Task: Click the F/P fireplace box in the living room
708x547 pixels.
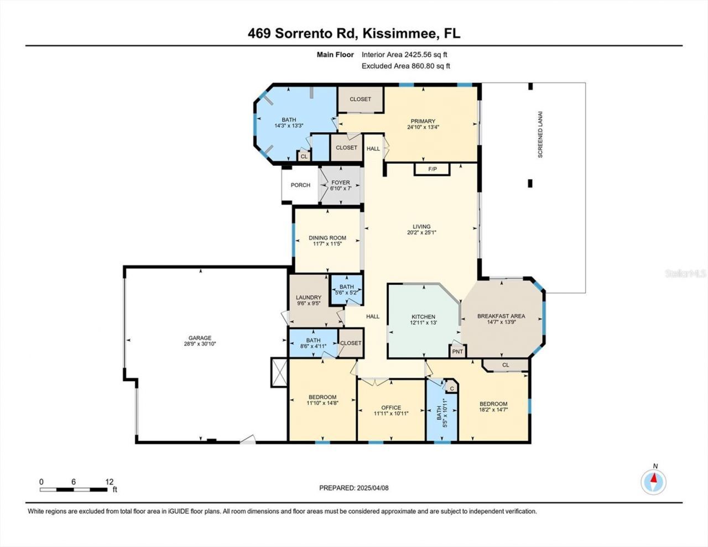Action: point(433,169)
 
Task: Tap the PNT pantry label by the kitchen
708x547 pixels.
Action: point(457,351)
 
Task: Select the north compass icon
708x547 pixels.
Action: point(654,481)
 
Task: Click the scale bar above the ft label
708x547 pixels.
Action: point(73,489)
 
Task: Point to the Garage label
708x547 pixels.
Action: point(200,338)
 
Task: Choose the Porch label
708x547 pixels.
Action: point(300,185)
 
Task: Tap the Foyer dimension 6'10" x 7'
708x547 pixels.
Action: point(341,189)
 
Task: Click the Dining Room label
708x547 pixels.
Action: point(327,238)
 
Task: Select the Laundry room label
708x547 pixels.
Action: point(308,298)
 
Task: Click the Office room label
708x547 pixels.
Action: point(391,408)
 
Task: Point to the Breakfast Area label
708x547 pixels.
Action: point(501,316)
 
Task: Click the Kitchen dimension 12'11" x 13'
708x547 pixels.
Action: point(423,322)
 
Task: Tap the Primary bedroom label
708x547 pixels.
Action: point(423,121)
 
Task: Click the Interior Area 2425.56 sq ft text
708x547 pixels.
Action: point(404,55)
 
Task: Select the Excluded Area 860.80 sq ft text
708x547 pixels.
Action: point(406,66)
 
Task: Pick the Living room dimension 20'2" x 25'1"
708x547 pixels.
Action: point(421,232)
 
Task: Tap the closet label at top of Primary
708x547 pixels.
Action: point(360,99)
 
